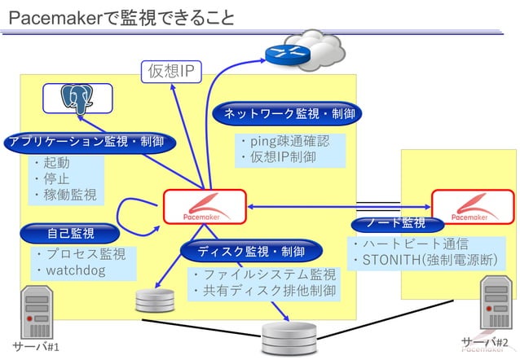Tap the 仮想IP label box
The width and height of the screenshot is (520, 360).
click(x=170, y=72)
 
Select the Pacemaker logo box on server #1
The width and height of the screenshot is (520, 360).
click(x=205, y=207)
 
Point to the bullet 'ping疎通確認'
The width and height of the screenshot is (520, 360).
click(x=285, y=142)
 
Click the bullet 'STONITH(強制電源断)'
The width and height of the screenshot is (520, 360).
click(x=428, y=261)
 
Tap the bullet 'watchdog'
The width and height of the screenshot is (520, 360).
click(x=75, y=270)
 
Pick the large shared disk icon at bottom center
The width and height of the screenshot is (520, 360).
click(x=289, y=339)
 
